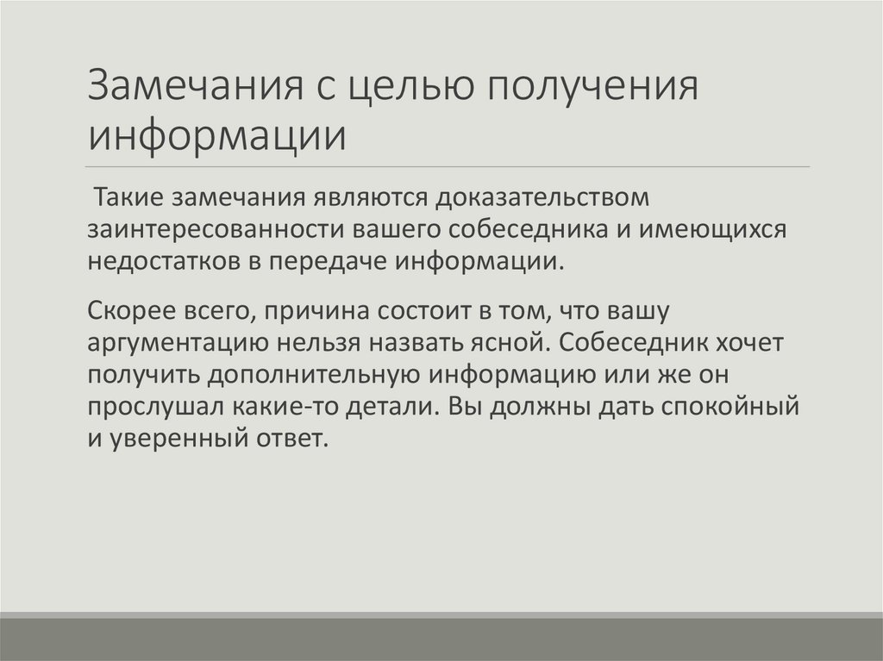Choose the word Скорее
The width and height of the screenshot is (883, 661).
[x=130, y=310]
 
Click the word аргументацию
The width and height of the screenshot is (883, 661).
[x=176, y=342]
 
